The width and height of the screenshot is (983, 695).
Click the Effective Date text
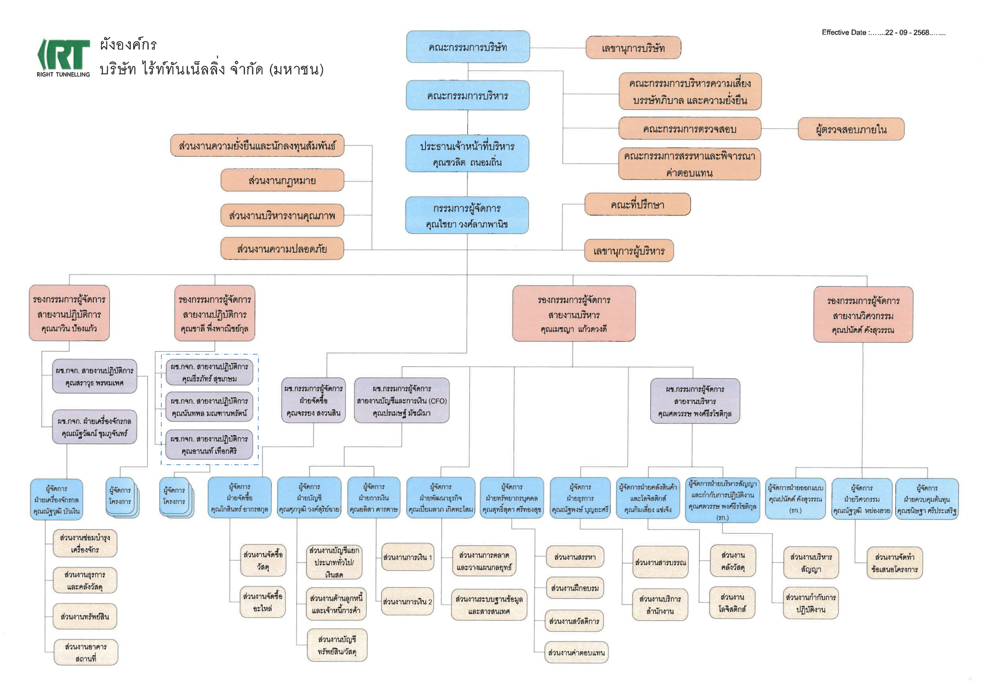coord(883,33)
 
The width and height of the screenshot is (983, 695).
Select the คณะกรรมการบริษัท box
coord(468,47)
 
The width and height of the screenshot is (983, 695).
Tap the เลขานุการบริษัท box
coord(633,48)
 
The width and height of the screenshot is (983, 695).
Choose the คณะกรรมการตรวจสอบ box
coord(689,129)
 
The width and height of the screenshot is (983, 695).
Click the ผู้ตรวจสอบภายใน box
coord(851,129)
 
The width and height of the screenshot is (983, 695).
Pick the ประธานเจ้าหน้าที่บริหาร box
coord(467,153)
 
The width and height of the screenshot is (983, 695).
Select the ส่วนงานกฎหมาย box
coord(282,180)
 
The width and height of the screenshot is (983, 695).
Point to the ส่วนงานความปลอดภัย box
coord(282,249)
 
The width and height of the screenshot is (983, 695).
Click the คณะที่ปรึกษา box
coord(637,204)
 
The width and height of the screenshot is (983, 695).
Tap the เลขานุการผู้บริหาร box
coord(629,250)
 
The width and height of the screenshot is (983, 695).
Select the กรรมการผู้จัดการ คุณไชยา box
coord(467,215)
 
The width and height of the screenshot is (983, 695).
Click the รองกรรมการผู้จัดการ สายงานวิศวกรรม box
coord(863,315)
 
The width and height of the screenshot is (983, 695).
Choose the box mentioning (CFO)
coord(402,400)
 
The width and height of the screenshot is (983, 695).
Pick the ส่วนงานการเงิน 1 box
coord(407,557)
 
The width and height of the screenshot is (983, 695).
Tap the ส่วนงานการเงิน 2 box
coord(407,601)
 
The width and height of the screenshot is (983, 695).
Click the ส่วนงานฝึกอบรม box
coord(574,588)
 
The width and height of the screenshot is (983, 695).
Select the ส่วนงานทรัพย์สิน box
coord(85,616)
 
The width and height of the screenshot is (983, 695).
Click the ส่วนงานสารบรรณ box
coord(660,562)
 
